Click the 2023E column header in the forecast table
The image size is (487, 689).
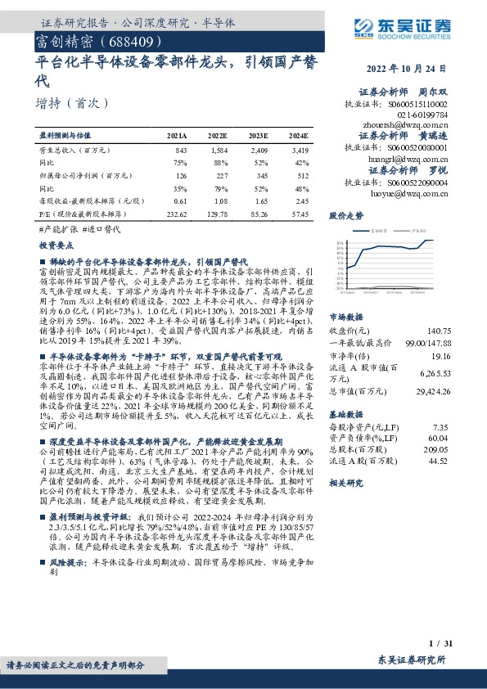tap(258, 135)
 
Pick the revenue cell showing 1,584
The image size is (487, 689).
tap(217, 151)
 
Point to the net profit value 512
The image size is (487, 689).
tap(302, 175)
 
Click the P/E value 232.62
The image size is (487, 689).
tap(176, 213)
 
